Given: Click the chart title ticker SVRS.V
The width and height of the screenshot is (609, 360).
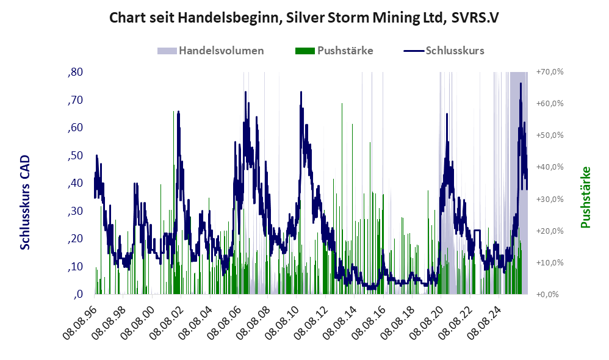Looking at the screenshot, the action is click(475, 18).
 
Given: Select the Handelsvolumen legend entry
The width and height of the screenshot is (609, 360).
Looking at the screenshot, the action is click(211, 51).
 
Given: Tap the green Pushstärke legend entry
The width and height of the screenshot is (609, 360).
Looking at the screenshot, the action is click(334, 51).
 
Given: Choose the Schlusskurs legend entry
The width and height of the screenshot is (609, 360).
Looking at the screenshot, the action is click(444, 51).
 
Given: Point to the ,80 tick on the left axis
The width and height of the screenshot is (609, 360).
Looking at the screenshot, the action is click(75, 72).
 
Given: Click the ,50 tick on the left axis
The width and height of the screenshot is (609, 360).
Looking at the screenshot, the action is click(75, 156).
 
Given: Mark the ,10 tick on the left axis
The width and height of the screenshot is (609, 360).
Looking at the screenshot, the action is click(75, 267).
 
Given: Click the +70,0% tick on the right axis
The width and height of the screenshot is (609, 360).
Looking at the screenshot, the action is click(550, 72).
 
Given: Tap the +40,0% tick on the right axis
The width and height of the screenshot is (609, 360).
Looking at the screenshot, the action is click(550, 167).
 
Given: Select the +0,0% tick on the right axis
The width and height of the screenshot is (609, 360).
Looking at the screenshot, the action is click(547, 294).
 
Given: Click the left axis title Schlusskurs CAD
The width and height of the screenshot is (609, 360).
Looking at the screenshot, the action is click(25, 203).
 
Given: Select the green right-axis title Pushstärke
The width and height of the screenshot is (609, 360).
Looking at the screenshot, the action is click(585, 197).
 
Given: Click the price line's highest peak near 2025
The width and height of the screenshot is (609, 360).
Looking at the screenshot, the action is click(521, 84).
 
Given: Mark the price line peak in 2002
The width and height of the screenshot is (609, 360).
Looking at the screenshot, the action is click(178, 112).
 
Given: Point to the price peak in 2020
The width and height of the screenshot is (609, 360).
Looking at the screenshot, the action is click(447, 113).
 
